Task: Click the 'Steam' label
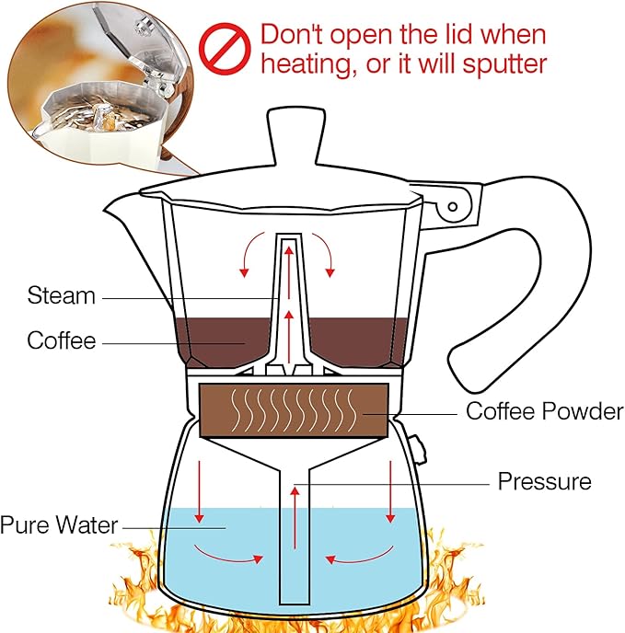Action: (61, 296)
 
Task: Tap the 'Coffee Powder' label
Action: (544, 411)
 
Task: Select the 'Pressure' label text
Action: (544, 481)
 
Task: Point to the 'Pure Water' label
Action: (59, 526)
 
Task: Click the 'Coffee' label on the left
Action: (61, 340)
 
